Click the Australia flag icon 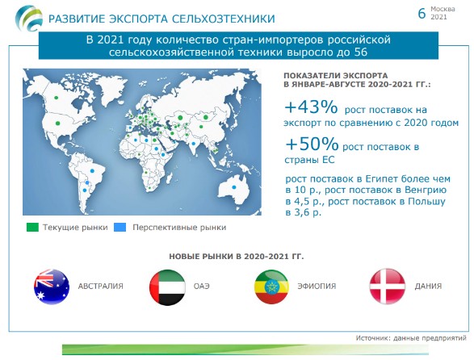52,287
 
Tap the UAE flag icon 167,287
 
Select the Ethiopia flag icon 271,287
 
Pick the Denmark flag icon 388,287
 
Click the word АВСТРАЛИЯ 101,287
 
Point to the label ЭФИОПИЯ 317,287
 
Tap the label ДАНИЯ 428,286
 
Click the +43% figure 311,107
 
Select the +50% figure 312,144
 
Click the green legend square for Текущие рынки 32,228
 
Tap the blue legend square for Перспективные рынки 120,228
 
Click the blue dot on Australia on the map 233,187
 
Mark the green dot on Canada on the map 56,98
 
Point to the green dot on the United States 57,123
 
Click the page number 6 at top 422,14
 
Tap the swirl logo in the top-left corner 29,19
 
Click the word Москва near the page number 443,10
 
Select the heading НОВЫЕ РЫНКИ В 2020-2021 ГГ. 237,257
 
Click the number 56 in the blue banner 360,52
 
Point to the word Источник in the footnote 372,338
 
